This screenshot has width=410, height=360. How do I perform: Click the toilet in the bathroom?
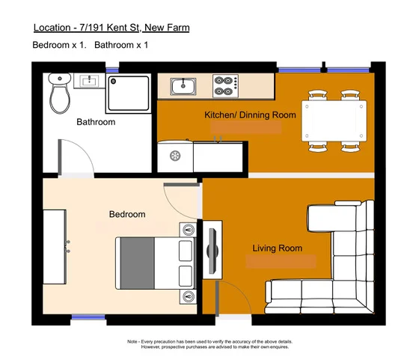pyautogui.click(x=59, y=94)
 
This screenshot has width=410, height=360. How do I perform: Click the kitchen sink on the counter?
pyautogui.click(x=183, y=87)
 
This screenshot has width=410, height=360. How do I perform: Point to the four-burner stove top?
pyautogui.click(x=224, y=86)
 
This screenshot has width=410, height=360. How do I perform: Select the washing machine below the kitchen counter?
pyautogui.click(x=176, y=156)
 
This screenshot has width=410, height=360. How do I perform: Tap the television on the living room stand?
pyautogui.click(x=212, y=250)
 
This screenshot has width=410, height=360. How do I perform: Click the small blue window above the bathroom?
pyautogui.click(x=113, y=70)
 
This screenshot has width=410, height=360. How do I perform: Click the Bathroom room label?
pyautogui.click(x=96, y=122)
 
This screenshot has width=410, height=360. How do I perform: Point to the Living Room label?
pyautogui.click(x=277, y=248)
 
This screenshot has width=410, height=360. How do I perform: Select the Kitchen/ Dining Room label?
pyautogui.click(x=250, y=115)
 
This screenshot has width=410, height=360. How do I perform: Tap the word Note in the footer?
pyautogui.click(x=133, y=341)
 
